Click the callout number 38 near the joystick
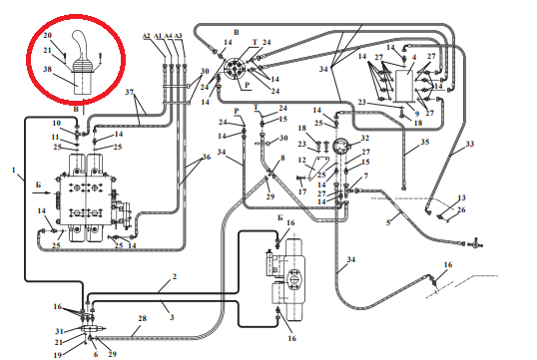[x=47, y=69]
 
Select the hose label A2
[x=147, y=36]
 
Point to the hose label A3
[x=178, y=36]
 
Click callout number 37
[x=129, y=92]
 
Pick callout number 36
[x=207, y=157]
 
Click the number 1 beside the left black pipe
[x=14, y=170]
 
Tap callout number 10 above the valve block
[x=57, y=123]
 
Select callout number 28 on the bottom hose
[x=142, y=318]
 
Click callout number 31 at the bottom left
[x=60, y=331]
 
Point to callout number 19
[x=58, y=355]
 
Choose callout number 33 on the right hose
[x=470, y=144]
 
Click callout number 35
[x=424, y=142]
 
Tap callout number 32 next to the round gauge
[x=365, y=138]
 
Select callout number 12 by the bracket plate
[x=302, y=160]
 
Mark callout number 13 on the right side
[x=462, y=197]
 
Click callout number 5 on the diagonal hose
[x=388, y=222]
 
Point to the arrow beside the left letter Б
[x=42, y=193]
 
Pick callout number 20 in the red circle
[x=48, y=35]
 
